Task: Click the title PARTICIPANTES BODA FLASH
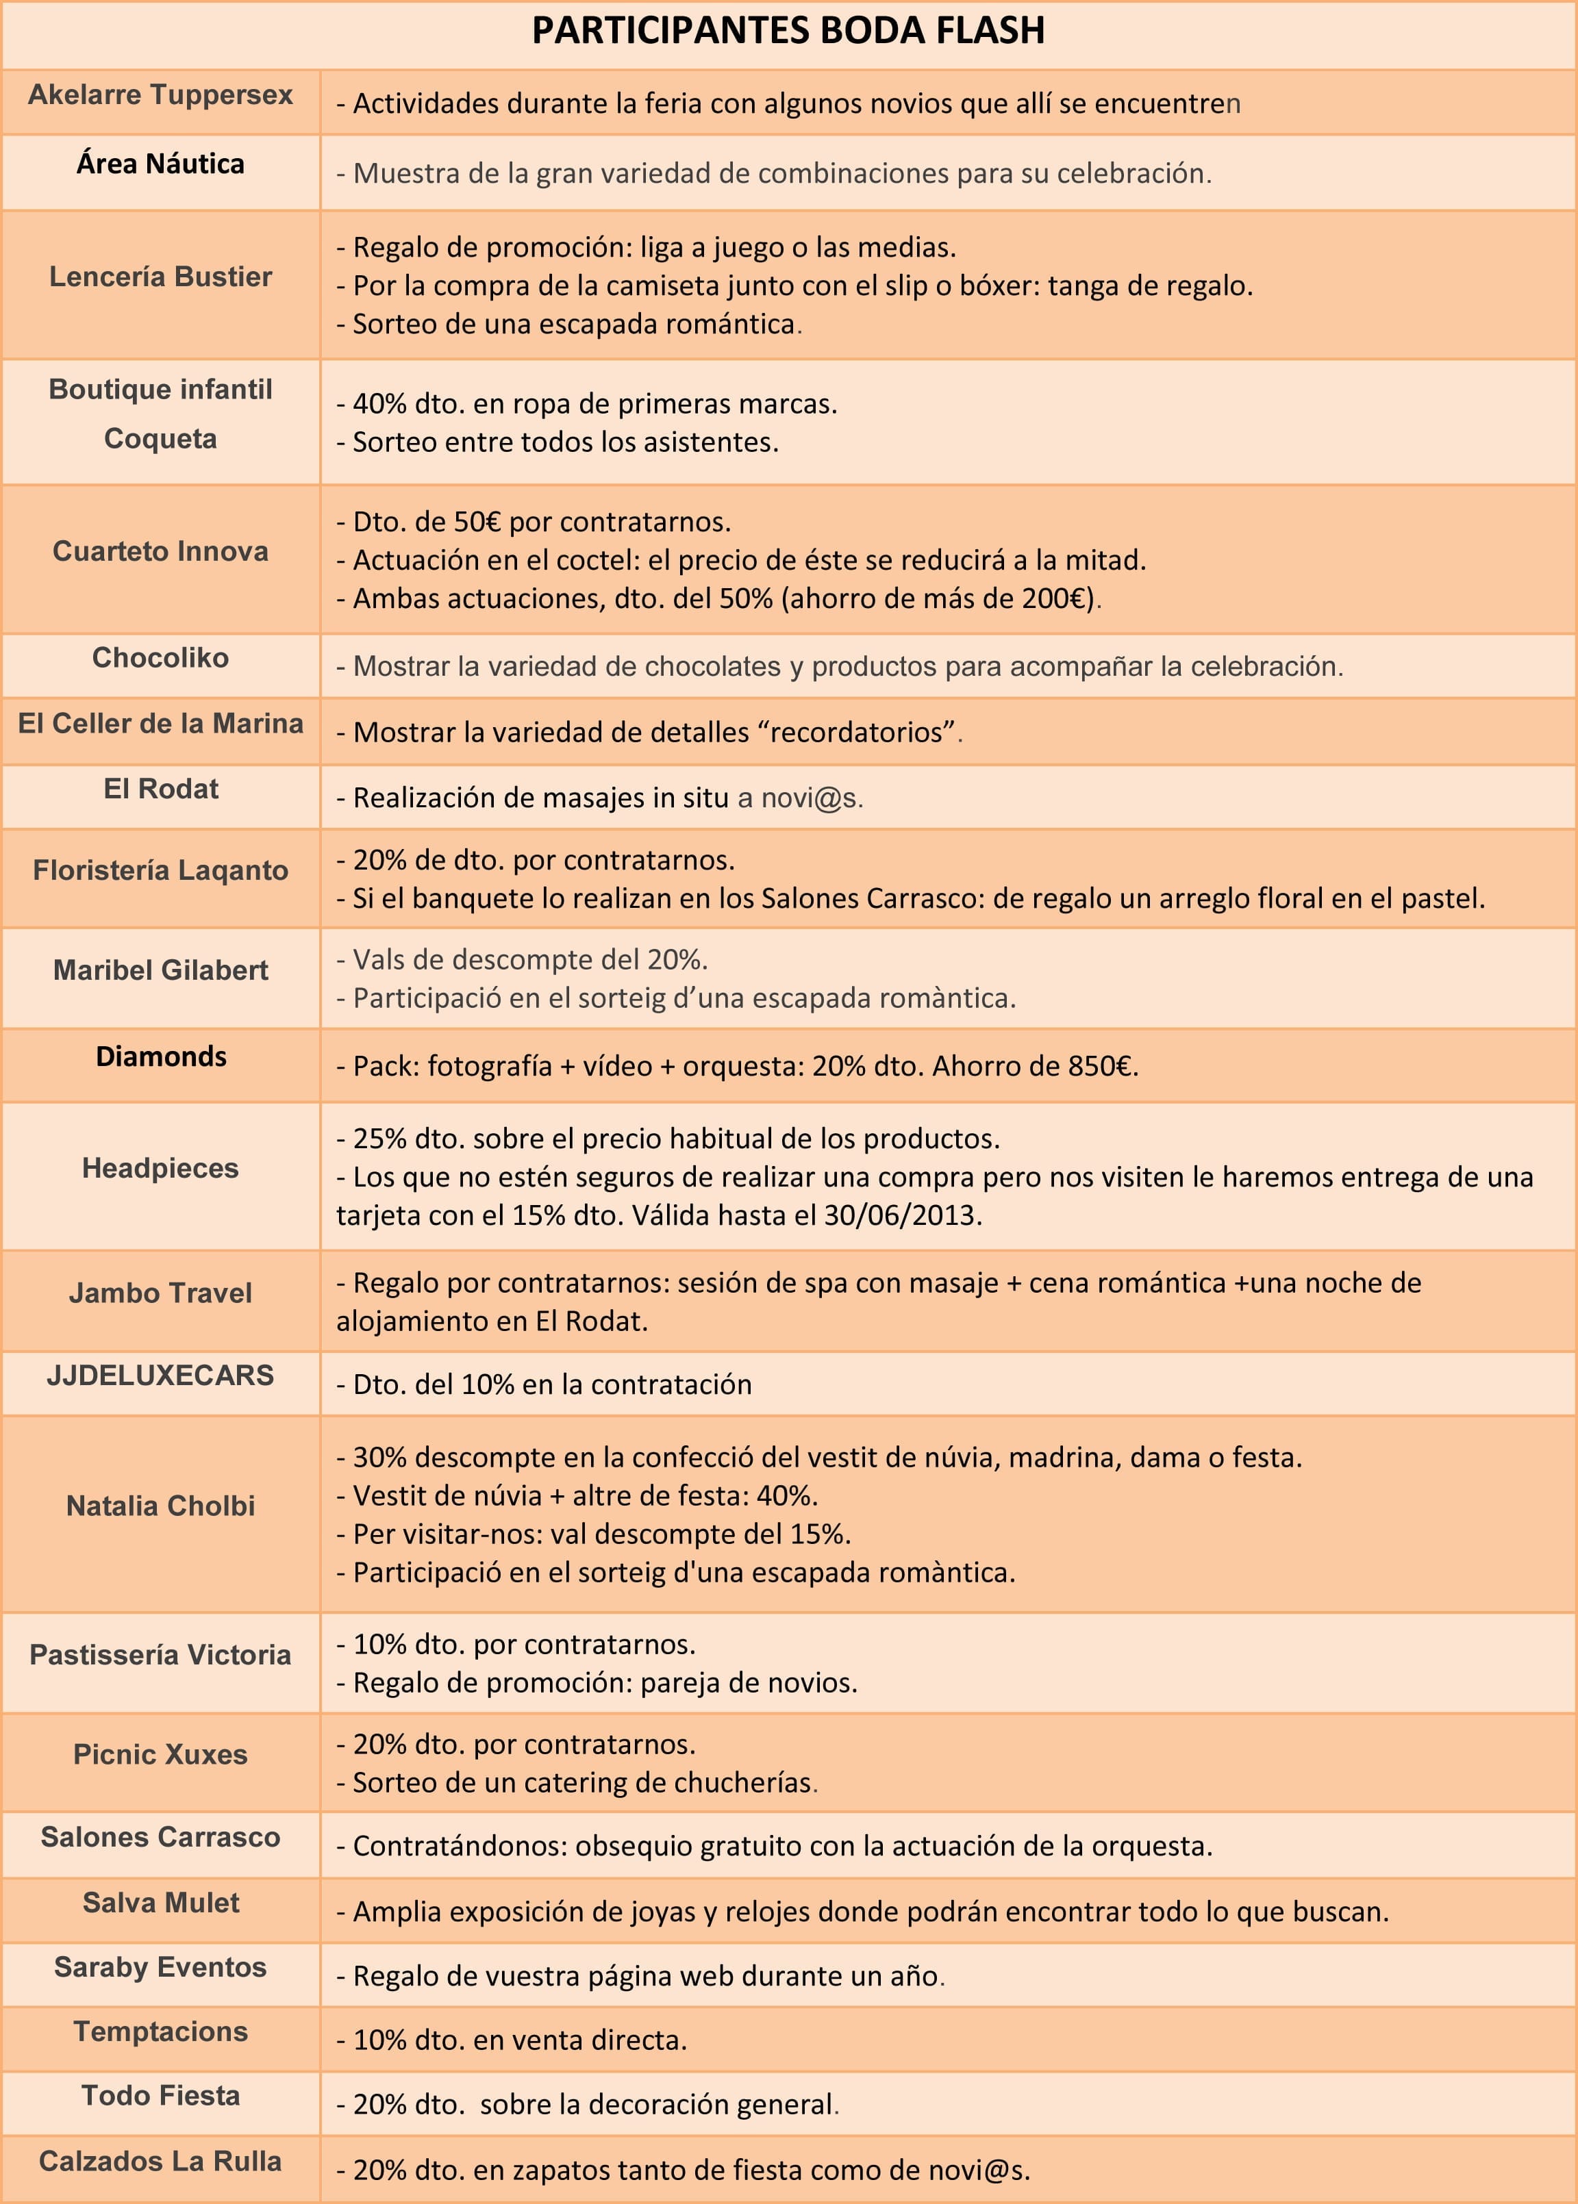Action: (788, 31)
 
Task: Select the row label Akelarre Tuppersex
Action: (160, 95)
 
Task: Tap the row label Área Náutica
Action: (160, 164)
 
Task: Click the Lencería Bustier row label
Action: (160, 277)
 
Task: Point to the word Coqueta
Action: (160, 438)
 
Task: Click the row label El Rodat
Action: (160, 789)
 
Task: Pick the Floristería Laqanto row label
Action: (160, 870)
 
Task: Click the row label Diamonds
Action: (160, 1057)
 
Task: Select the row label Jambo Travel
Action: (160, 1293)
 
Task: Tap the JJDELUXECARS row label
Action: (160, 1376)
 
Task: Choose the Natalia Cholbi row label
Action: (160, 1506)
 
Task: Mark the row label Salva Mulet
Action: (160, 1902)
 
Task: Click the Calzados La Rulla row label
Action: (160, 2162)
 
